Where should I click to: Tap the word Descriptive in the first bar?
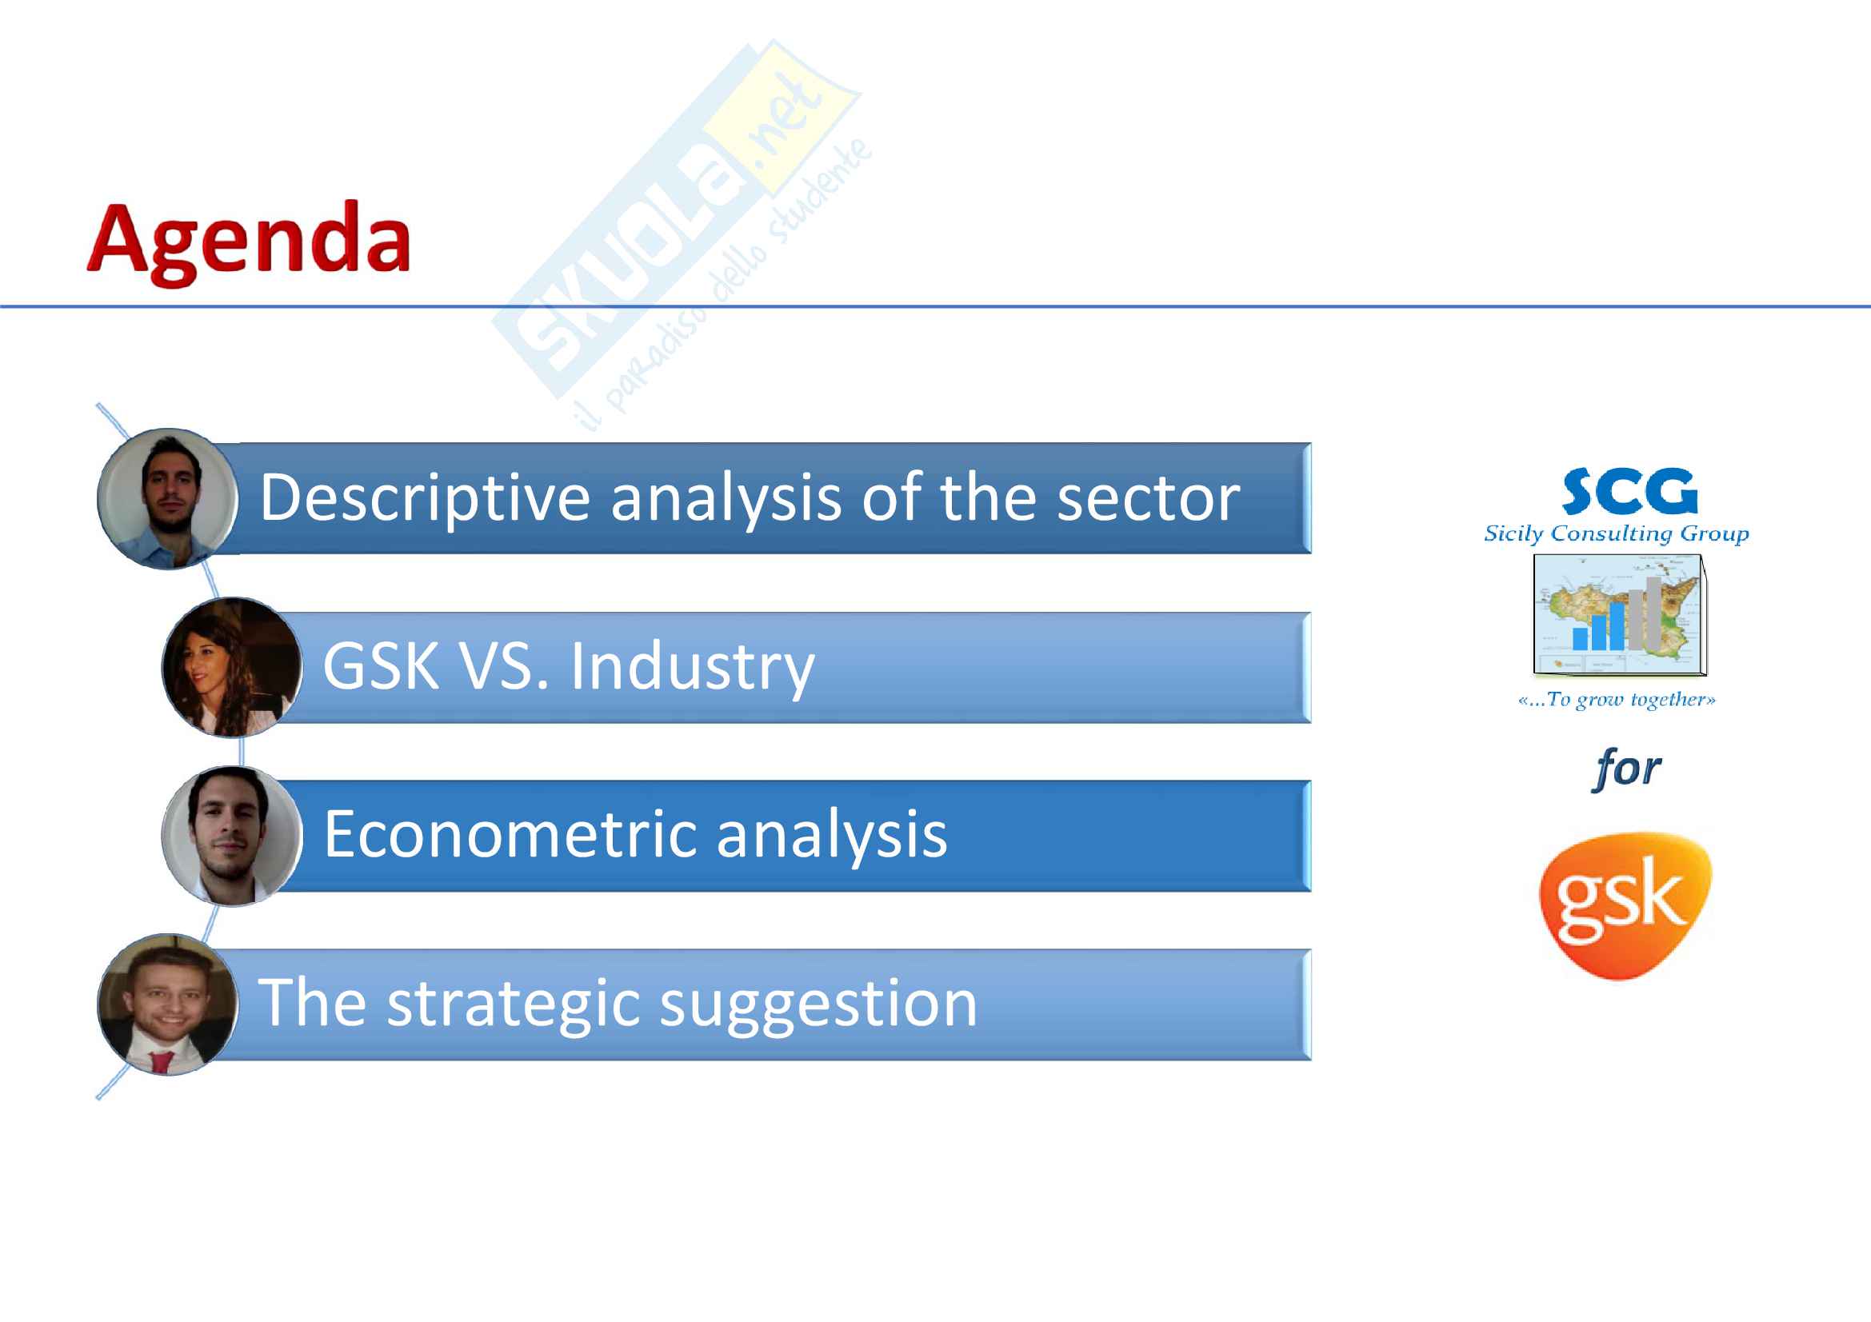coord(425,498)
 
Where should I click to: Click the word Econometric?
coord(510,834)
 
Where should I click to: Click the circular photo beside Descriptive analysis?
coord(168,498)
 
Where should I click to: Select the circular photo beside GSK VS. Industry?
coord(232,667)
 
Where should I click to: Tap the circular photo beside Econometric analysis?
coord(232,836)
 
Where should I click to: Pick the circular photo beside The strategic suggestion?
coord(168,1004)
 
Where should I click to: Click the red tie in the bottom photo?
coord(162,1061)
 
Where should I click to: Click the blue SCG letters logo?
coord(1629,491)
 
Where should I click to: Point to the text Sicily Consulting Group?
coord(1616,534)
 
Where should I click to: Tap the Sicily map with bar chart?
coord(1619,614)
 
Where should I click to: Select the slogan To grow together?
coord(1616,700)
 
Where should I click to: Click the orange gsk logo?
coord(1625,905)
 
